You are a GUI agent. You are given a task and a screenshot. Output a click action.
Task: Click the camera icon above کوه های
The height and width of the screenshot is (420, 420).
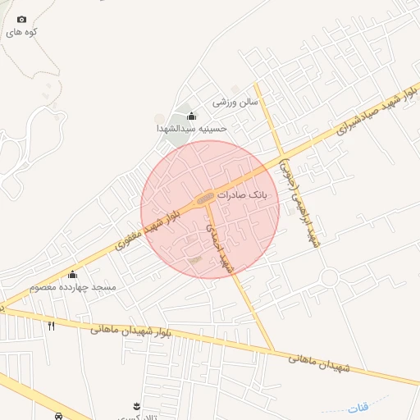click(21, 19)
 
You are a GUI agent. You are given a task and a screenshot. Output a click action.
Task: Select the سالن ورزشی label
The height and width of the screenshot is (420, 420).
click(235, 103)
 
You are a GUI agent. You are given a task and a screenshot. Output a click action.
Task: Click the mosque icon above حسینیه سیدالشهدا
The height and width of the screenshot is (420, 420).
click(191, 116)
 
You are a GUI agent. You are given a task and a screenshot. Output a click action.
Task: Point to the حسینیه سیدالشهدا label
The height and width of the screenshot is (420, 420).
click(191, 129)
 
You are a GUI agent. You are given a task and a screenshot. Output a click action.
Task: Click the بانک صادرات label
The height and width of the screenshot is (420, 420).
click(242, 195)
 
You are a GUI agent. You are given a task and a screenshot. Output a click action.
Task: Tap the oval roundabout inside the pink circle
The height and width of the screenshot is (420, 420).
click(205, 198)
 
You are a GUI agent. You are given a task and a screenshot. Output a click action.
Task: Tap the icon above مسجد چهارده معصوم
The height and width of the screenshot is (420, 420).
click(72, 274)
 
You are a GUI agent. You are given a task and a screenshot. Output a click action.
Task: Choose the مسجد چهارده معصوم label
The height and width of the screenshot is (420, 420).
click(72, 287)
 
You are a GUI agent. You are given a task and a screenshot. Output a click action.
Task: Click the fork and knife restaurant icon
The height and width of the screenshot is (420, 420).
click(51, 326)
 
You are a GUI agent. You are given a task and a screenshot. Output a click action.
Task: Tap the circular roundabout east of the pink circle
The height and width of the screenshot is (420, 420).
click(330, 277)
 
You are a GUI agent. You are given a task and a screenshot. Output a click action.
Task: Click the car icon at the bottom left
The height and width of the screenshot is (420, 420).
click(58, 416)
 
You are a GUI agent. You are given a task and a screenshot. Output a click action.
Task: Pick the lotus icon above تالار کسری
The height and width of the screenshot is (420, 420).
click(135, 406)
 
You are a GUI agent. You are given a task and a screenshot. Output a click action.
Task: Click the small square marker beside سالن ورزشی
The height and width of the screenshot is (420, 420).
click(235, 89)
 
